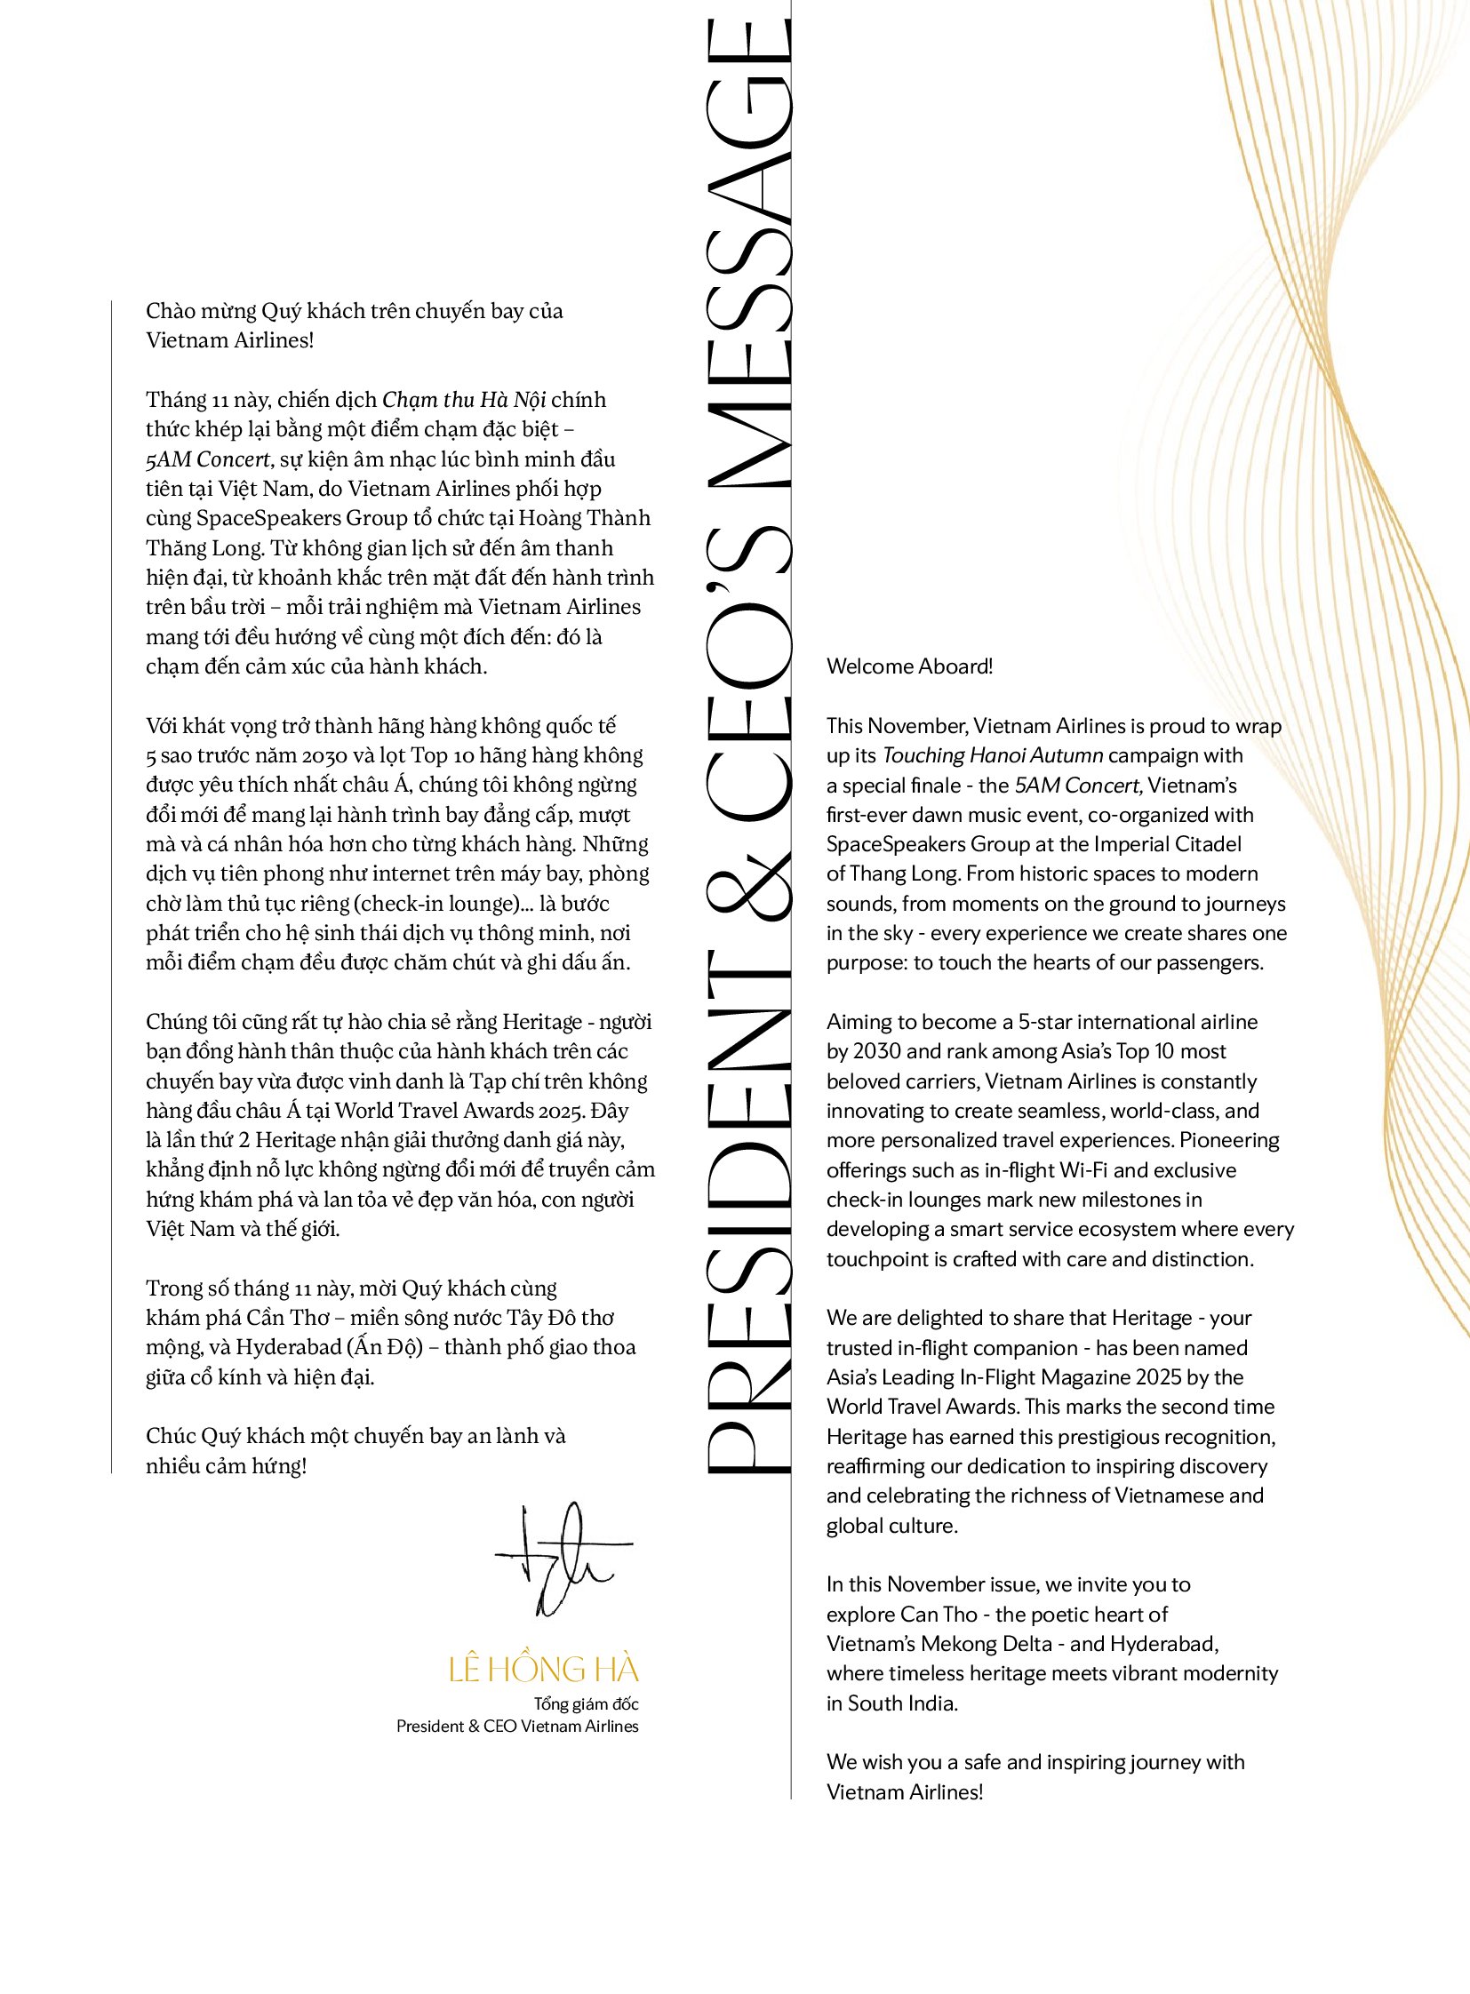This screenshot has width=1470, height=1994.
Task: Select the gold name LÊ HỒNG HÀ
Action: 543,1670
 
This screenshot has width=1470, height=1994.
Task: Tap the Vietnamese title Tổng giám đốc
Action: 586,1704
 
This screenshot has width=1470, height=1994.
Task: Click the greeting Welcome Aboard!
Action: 908,666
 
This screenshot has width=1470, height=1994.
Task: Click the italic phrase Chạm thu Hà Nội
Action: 464,400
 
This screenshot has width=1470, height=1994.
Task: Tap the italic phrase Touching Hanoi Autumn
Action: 992,755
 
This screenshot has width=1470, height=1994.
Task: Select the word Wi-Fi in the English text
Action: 1083,1170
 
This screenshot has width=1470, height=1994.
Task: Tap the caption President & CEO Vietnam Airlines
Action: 517,1727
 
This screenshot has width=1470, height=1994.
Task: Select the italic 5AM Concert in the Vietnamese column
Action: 207,459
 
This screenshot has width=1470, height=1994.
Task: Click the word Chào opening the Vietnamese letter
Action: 169,310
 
